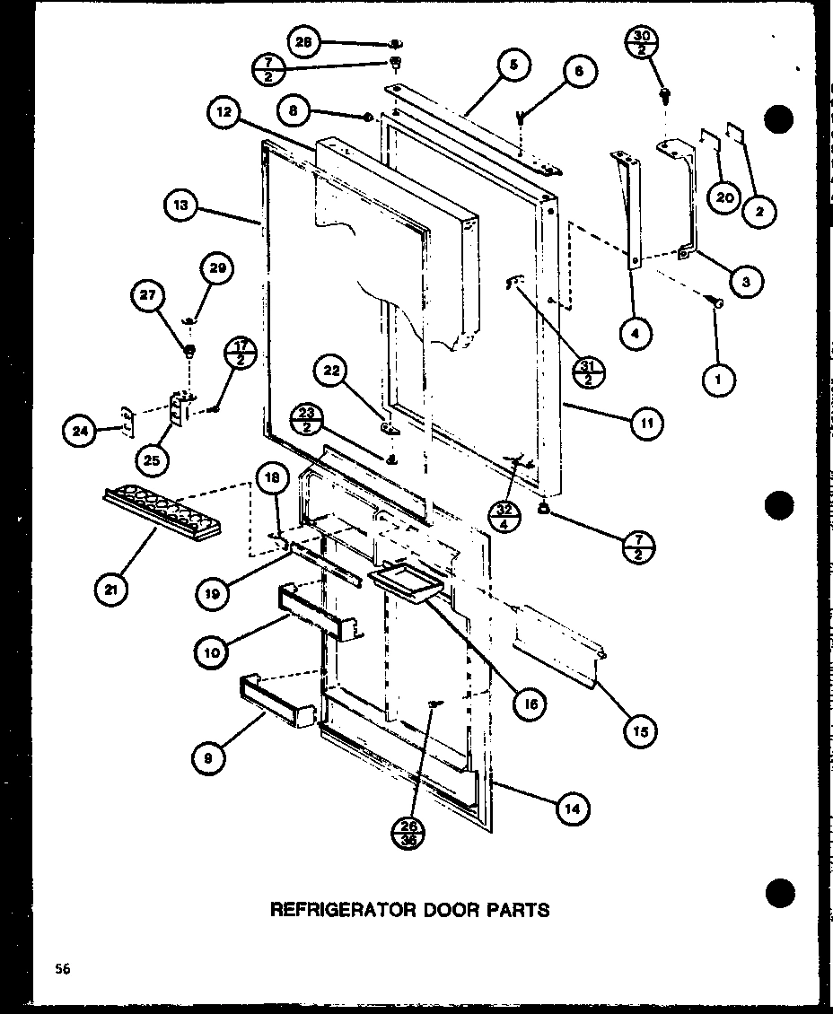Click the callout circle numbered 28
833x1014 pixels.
point(305,42)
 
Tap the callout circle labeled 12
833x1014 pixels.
point(223,114)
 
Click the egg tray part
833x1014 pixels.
point(162,514)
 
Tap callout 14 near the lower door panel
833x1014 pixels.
point(573,809)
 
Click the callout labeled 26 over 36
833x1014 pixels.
point(411,830)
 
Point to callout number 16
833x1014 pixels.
point(530,704)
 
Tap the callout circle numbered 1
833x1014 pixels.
point(719,380)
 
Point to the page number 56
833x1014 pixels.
point(60,968)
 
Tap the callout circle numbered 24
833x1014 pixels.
point(79,432)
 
